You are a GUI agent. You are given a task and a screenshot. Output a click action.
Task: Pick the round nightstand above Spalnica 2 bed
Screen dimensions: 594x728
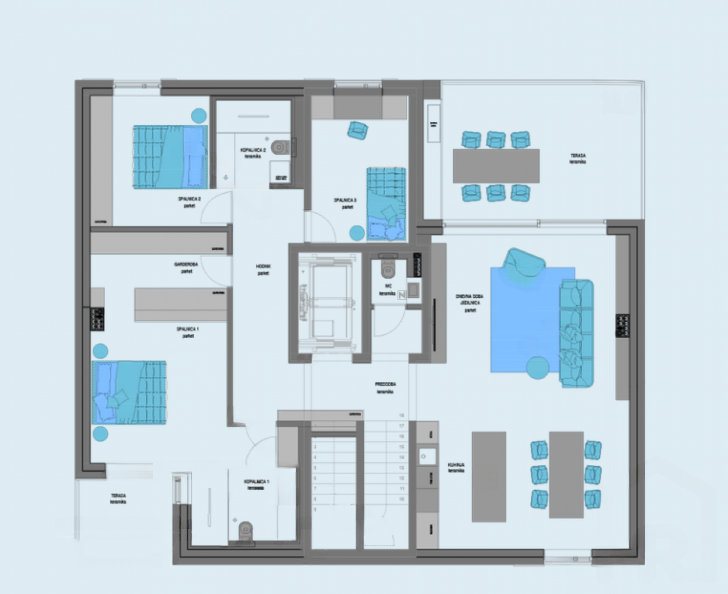point(198,116)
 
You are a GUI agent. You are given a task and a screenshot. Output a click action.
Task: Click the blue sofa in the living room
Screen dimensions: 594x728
point(576,333)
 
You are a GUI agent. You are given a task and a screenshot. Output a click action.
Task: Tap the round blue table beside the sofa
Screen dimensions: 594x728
point(538,368)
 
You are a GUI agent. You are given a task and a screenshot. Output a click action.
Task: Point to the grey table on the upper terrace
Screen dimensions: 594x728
point(495,165)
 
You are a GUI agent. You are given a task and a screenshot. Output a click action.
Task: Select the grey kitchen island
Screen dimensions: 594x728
point(489,476)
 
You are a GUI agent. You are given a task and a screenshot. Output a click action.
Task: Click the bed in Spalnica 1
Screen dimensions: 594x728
point(130,392)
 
